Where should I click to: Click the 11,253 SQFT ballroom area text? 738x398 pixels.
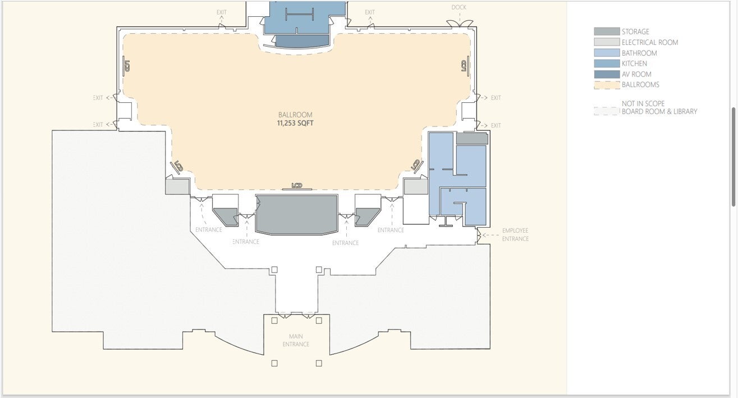pyautogui.click(x=295, y=124)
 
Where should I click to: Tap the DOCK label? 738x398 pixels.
pyautogui.click(x=459, y=7)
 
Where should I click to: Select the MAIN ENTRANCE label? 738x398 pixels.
pyautogui.click(x=296, y=340)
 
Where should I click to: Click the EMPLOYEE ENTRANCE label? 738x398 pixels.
pyautogui.click(x=515, y=234)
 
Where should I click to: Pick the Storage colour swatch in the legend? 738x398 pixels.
pyautogui.click(x=607, y=31)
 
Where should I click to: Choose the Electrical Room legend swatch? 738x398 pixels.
pyautogui.click(x=607, y=42)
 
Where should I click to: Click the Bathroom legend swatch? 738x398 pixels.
pyautogui.click(x=607, y=53)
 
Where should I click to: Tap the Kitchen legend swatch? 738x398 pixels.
pyautogui.click(x=607, y=64)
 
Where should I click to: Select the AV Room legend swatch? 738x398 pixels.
pyautogui.click(x=607, y=74)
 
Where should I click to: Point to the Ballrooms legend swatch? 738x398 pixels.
pyautogui.click(x=607, y=85)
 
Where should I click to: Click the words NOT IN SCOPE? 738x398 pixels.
pyautogui.click(x=643, y=103)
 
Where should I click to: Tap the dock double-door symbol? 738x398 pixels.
pyautogui.click(x=460, y=24)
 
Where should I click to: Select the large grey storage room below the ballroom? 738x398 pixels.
pyautogui.click(x=297, y=215)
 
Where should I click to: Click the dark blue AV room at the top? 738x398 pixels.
pyautogui.click(x=302, y=41)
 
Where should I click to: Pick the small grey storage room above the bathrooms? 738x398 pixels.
pyautogui.click(x=472, y=139)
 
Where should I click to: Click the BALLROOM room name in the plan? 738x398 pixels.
pyautogui.click(x=295, y=115)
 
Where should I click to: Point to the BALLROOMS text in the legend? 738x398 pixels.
pyautogui.click(x=640, y=85)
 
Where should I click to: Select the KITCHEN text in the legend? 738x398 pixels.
pyautogui.click(x=634, y=64)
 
